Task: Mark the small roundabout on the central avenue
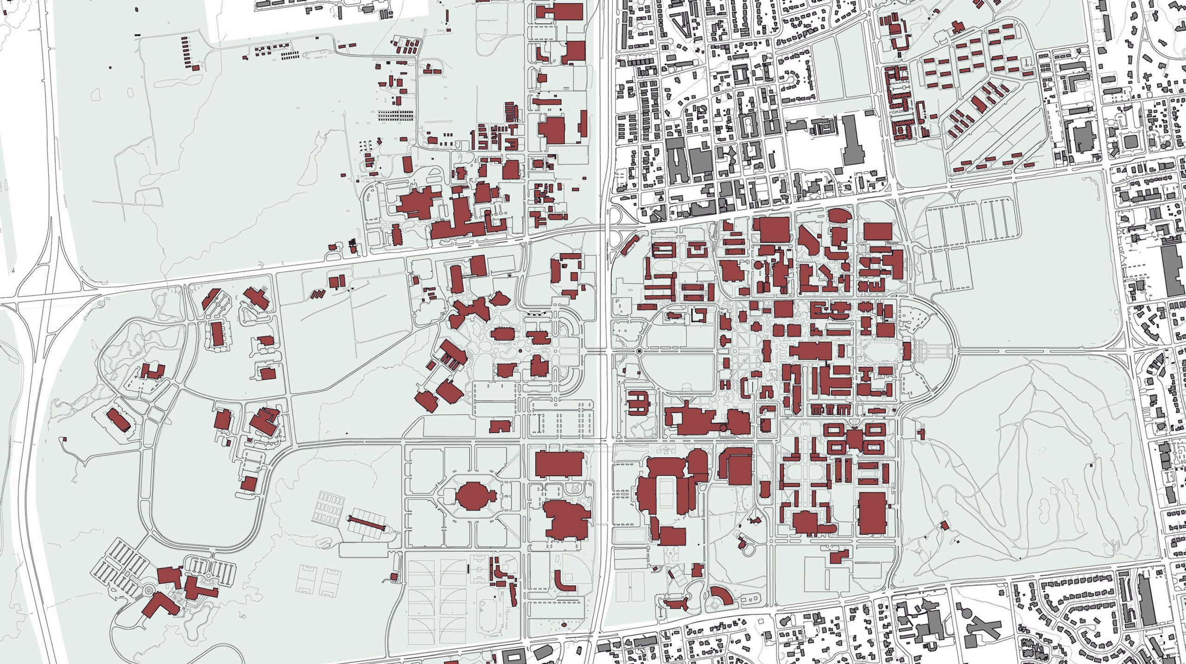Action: [x=640, y=351]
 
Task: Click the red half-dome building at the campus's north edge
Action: [x=838, y=215]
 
